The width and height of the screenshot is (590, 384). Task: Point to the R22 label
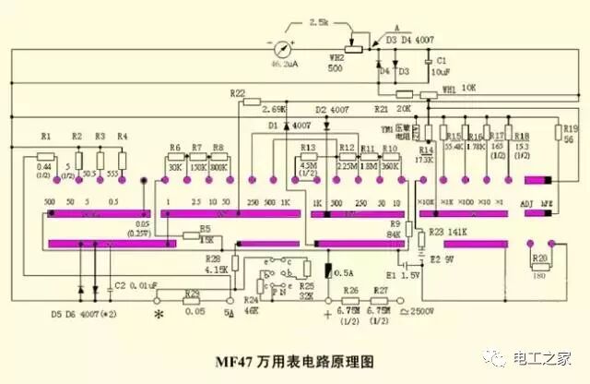[237, 93]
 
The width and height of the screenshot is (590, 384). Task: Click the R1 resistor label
[47, 137]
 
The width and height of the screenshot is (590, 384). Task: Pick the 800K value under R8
[218, 167]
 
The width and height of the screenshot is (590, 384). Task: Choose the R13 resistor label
[308, 148]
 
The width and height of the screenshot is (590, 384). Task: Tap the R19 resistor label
[569, 128]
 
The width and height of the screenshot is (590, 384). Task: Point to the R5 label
[205, 228]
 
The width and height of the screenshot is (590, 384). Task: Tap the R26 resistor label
[349, 290]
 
